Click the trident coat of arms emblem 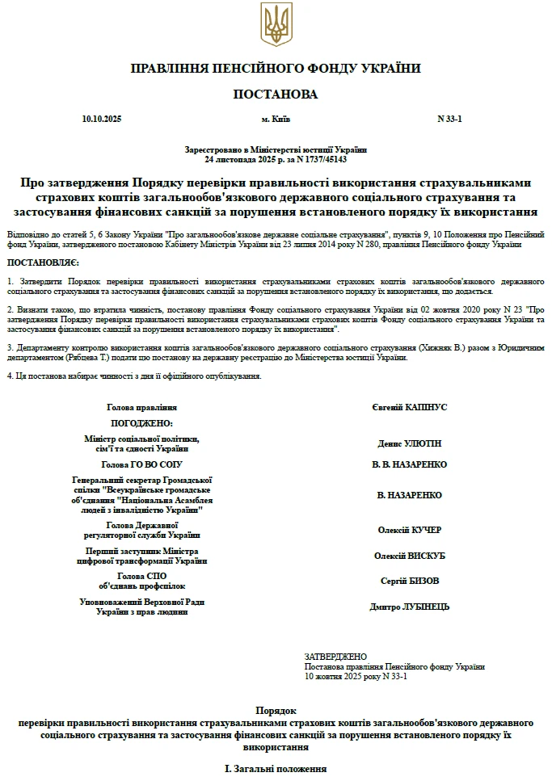[x=276, y=24]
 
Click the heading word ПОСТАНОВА [x=276, y=94]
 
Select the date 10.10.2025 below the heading [x=102, y=120]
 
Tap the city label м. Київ [x=276, y=120]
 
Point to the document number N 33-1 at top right [x=449, y=120]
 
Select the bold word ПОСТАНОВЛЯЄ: [x=42, y=264]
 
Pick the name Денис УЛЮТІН [x=410, y=443]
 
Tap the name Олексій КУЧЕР [x=410, y=530]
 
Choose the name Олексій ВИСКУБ [x=410, y=556]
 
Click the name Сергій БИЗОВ [x=410, y=581]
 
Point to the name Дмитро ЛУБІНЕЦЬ [x=410, y=607]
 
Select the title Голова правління [x=141, y=408]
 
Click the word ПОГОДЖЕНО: [x=141, y=423]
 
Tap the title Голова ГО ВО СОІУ [x=141, y=464]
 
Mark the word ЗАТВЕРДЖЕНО [x=335, y=657]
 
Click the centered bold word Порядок [x=276, y=708]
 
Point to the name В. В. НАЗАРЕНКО [x=410, y=464]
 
